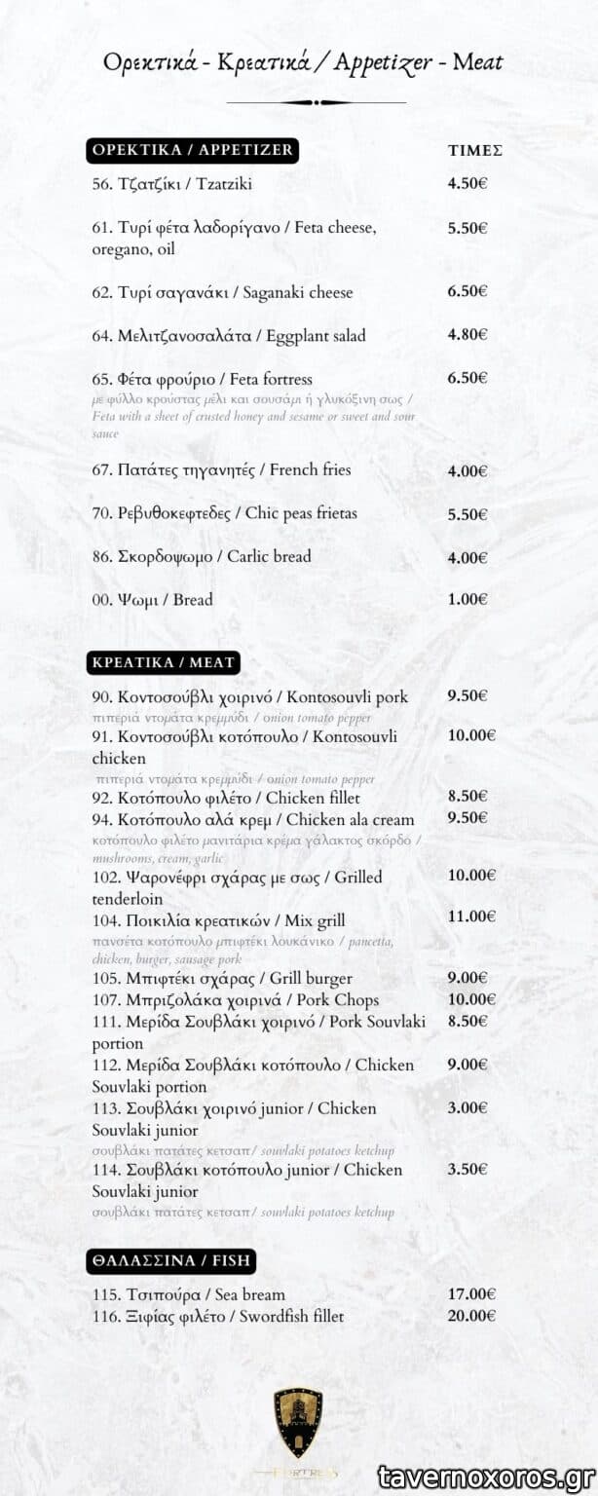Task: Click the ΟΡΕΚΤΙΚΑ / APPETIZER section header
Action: pyautogui.click(x=192, y=150)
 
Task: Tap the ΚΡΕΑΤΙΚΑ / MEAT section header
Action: pyautogui.click(x=163, y=662)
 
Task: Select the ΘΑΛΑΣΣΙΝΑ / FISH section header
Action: pyautogui.click(x=171, y=1260)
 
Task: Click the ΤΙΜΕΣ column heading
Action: pyautogui.click(x=474, y=151)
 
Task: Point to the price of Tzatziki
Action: pyautogui.click(x=467, y=183)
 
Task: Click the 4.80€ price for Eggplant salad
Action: pyautogui.click(x=467, y=334)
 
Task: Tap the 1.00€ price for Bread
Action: pyautogui.click(x=467, y=599)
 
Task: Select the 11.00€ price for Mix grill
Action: pyautogui.click(x=471, y=916)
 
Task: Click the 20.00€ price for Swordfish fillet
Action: pyautogui.click(x=471, y=1316)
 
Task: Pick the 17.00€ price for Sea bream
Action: pyautogui.click(x=471, y=1294)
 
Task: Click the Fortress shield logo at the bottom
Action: pyautogui.click(x=298, y=1423)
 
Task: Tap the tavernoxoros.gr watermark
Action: pyautogui.click(x=486, y=1477)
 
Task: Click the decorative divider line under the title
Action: pyautogui.click(x=316, y=102)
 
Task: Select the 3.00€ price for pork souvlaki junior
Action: pyautogui.click(x=467, y=1107)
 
